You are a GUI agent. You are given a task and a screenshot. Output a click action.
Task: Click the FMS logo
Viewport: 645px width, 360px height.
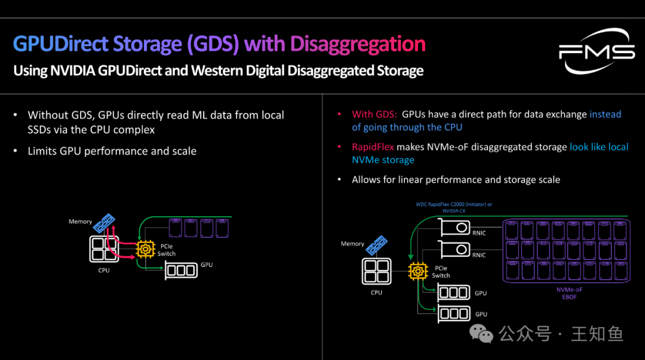596,52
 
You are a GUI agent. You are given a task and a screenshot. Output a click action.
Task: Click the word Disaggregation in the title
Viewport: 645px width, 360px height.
357,44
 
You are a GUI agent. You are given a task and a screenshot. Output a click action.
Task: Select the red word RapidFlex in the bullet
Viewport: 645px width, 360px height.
373,147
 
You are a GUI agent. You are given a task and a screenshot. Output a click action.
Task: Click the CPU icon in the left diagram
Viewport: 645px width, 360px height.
104,248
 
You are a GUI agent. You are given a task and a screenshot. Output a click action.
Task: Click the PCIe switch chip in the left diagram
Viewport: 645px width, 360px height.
145,249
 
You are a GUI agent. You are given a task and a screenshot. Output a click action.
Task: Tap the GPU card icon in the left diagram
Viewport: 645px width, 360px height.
181,270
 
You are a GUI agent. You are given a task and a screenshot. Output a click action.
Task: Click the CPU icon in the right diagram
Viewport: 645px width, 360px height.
376,272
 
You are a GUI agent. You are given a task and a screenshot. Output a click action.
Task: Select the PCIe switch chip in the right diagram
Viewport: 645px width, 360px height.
417,271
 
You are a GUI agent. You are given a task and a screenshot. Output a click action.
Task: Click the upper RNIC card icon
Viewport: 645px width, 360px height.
453,227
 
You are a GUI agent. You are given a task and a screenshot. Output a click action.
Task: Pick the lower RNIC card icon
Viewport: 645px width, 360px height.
453,249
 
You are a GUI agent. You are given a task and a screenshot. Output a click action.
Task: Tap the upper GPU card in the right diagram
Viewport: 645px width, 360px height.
454,293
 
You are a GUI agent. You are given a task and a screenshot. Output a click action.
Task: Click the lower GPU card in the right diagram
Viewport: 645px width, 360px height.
454,313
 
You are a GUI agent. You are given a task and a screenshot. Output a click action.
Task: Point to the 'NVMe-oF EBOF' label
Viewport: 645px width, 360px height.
569,293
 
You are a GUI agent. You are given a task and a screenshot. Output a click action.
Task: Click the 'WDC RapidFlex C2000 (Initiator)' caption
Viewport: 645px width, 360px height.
453,204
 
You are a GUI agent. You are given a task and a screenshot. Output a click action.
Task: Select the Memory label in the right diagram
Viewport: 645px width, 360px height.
352,244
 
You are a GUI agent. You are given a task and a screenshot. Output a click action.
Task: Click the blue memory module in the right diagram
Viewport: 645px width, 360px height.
376,245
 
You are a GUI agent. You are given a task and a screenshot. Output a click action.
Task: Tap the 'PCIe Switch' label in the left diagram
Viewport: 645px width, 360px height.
167,250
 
